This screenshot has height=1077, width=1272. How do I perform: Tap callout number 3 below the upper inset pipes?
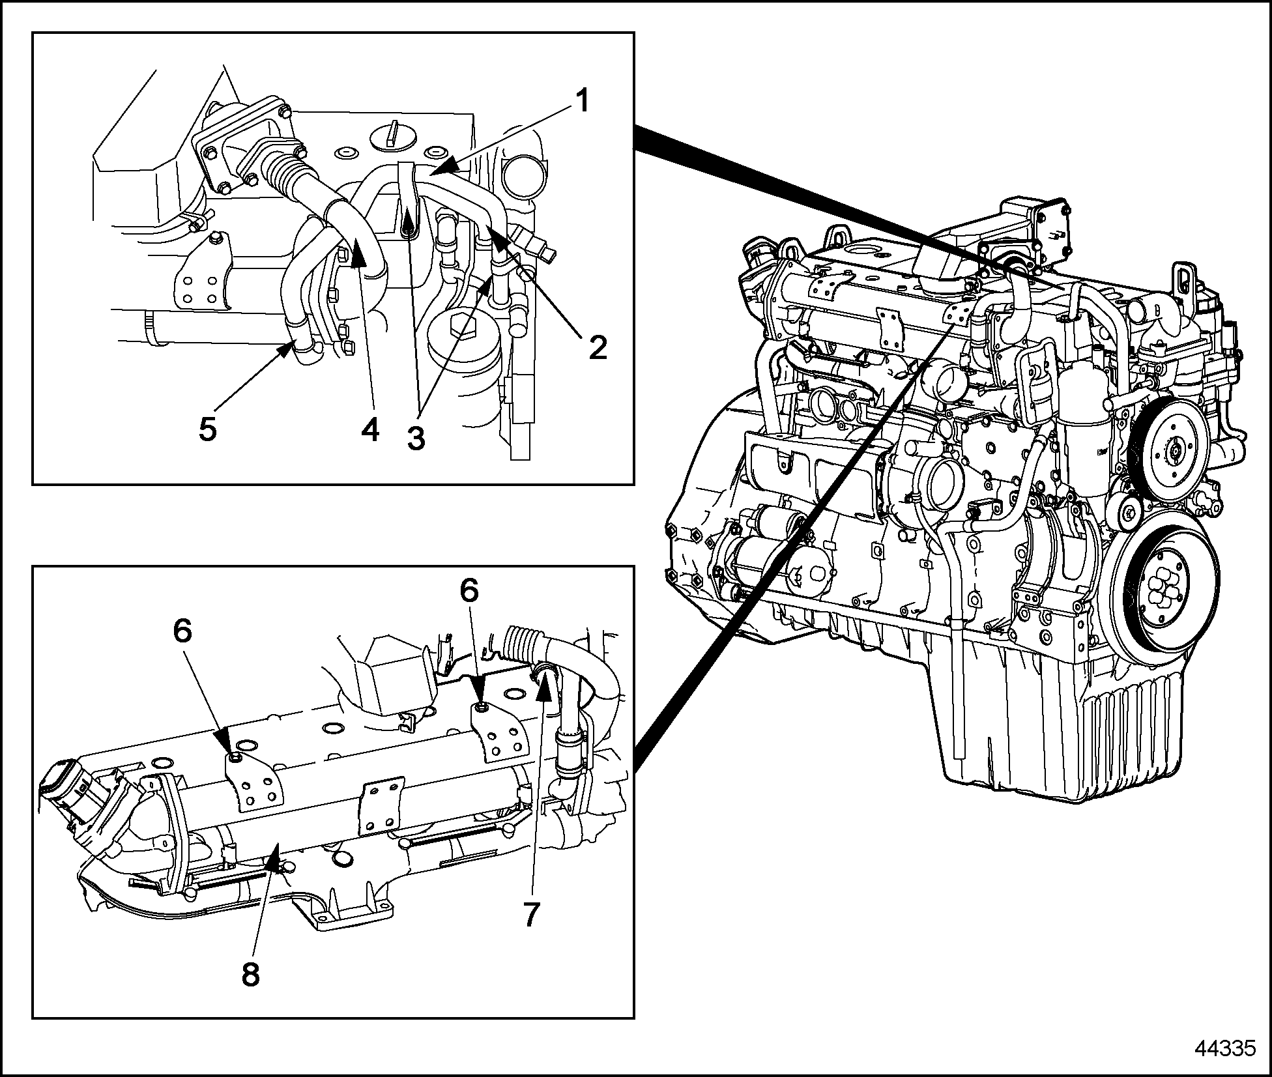coord(416,437)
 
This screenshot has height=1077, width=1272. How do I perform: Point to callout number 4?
coord(370,429)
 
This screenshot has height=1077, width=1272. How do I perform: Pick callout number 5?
coord(208,429)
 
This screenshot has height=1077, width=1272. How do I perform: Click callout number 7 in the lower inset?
coord(532,915)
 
